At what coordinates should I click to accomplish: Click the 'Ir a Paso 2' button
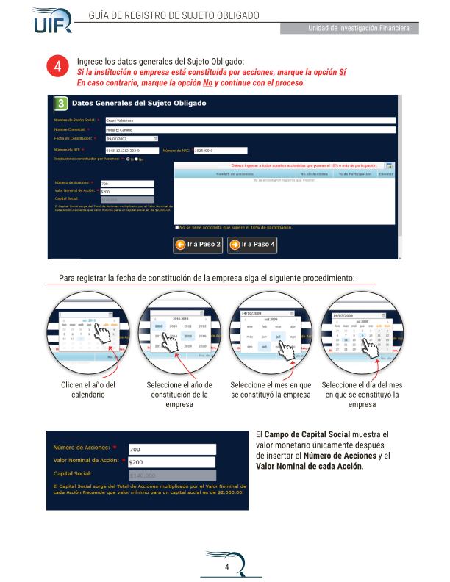198,245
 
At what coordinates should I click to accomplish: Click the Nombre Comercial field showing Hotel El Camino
250,129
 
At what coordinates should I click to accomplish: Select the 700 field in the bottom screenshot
172,449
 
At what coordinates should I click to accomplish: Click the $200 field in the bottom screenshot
172,462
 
